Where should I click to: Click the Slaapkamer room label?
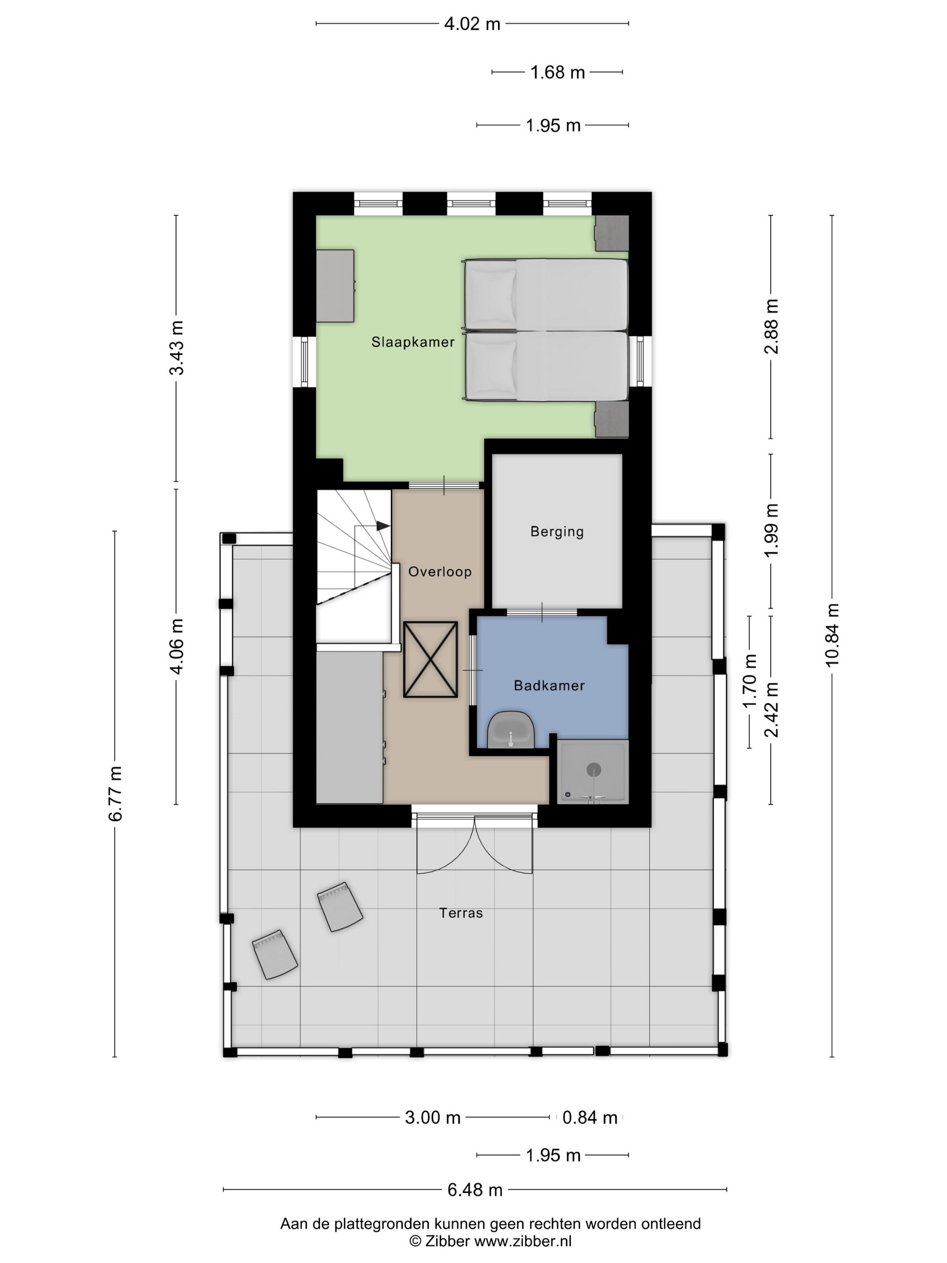pos(413,342)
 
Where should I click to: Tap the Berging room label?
pos(556,531)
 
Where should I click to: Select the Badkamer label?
pos(549,685)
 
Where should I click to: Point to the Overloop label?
pos(440,572)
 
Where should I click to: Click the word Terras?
pos(461,913)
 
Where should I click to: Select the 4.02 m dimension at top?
pos(472,24)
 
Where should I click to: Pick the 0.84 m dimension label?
pos(590,1117)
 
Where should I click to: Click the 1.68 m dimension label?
pos(557,73)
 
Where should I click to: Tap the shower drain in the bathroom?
pos(593,770)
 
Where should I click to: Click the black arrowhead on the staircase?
pos(383,525)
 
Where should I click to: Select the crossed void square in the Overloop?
pos(430,659)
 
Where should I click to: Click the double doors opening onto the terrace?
pos(474,845)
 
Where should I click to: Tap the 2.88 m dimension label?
pos(771,327)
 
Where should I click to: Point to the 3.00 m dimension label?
pos(432,1117)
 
